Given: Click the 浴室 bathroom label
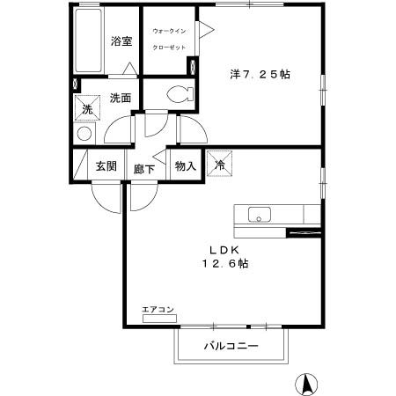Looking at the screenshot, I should (x=121, y=41).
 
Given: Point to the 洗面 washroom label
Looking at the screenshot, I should (x=121, y=99).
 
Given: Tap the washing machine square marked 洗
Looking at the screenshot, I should (x=87, y=109).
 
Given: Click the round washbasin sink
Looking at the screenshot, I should (x=84, y=134).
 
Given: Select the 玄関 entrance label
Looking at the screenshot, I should (x=106, y=166).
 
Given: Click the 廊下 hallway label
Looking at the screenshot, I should (x=144, y=167).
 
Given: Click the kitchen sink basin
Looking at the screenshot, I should (x=261, y=214).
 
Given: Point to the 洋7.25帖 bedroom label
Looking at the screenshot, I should (x=259, y=75).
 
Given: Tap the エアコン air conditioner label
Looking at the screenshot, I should (x=158, y=309).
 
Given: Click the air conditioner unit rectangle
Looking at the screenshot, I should (x=158, y=318).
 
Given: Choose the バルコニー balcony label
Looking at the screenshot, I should (x=231, y=347).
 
